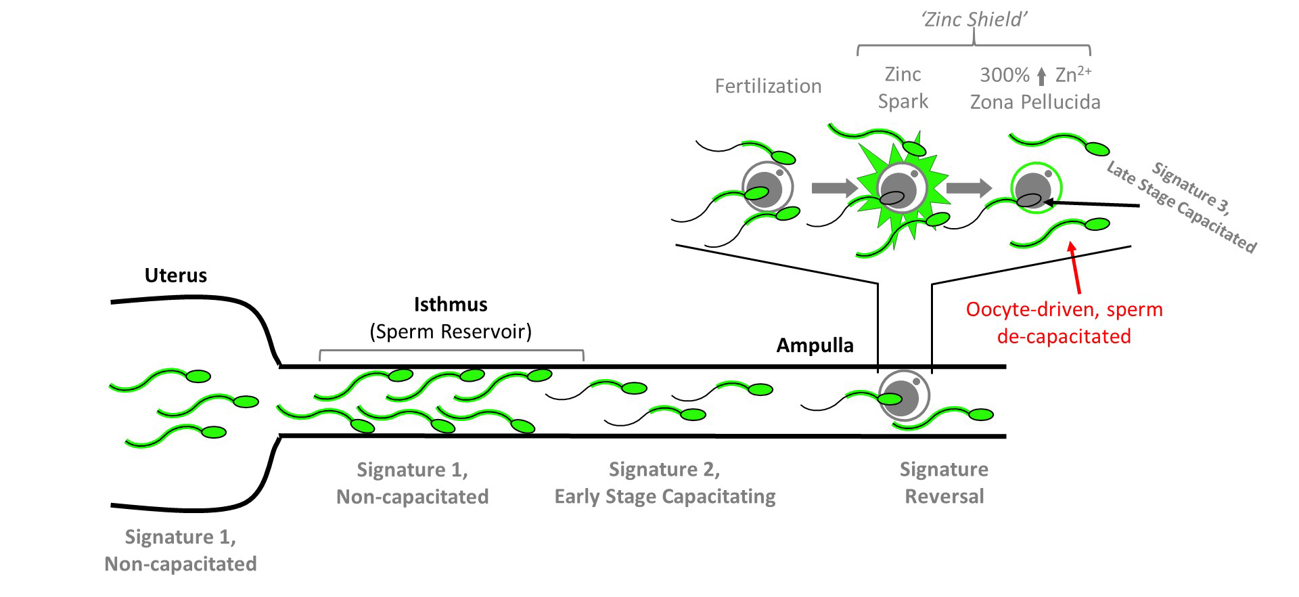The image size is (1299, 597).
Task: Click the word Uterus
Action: (175, 275)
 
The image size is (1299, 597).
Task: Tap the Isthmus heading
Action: (451, 305)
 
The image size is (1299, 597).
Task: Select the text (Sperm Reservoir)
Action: (451, 332)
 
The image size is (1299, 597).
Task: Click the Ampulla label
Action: (815, 346)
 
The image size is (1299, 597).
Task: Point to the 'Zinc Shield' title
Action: (974, 20)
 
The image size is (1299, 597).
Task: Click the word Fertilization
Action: (768, 87)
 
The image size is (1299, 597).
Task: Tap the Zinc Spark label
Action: (903, 88)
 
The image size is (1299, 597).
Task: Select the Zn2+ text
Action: (1073, 74)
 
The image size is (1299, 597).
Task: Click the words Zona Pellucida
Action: (1035, 102)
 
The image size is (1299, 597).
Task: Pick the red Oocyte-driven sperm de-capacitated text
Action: (1064, 323)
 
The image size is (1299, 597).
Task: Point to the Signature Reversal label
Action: (944, 483)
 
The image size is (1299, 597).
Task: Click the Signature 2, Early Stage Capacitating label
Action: (664, 483)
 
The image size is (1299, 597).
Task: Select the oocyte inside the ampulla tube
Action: (903, 397)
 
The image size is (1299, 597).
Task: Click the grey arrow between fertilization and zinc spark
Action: (833, 188)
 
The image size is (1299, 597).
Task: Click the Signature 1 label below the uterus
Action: (181, 550)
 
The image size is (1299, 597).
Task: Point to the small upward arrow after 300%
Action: (1041, 76)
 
